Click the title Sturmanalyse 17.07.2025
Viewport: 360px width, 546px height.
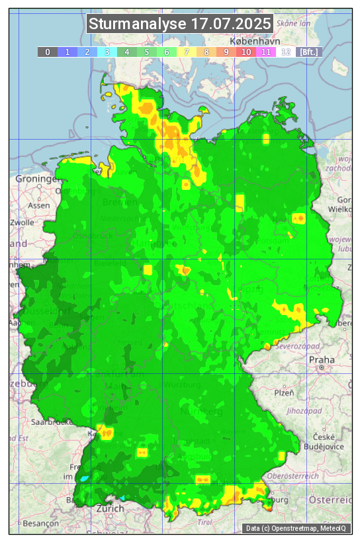coord(180,24)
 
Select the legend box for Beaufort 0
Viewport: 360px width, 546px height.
coord(48,52)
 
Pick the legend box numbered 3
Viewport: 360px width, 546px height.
coord(107,52)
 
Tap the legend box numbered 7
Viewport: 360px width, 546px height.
coord(187,52)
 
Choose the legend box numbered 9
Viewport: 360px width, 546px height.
coord(226,52)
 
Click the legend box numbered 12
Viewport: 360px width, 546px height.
coord(286,52)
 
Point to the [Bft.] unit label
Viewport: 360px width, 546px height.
coord(309,52)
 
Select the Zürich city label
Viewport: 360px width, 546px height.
coord(110,508)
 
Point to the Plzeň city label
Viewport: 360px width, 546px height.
coord(285,392)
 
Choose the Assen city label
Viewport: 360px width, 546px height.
coord(39,205)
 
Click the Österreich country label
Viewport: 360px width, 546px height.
coord(332,500)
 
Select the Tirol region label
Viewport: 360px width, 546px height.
coord(204,522)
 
